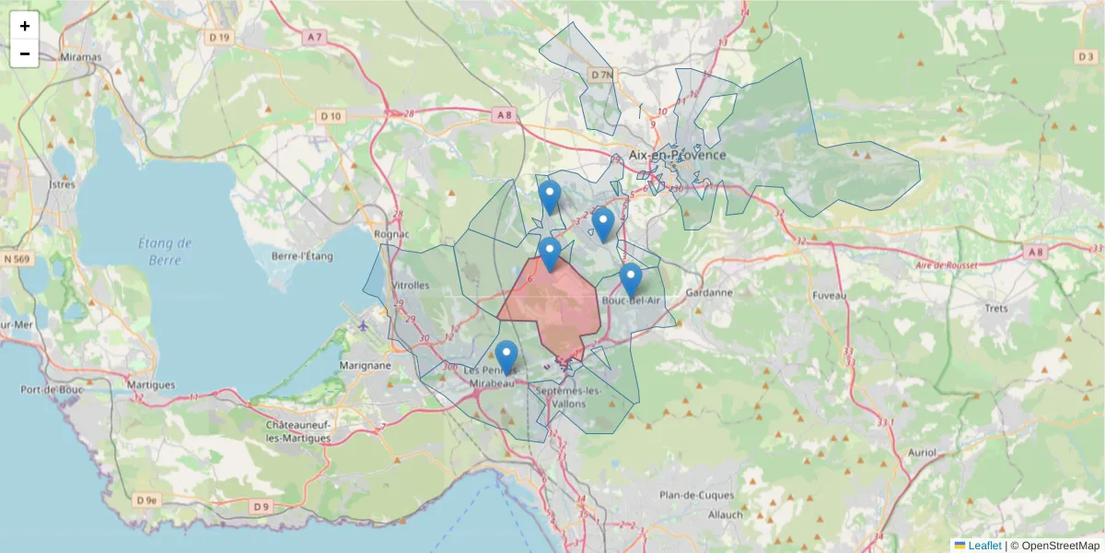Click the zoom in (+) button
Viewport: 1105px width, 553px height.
click(25, 26)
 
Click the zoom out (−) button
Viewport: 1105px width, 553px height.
click(25, 53)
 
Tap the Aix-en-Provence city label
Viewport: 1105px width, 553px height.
click(677, 155)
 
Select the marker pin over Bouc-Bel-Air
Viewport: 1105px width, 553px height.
click(631, 277)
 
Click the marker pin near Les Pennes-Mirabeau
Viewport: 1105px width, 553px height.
click(506, 356)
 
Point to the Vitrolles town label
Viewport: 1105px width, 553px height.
click(411, 286)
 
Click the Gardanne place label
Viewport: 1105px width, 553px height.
click(709, 292)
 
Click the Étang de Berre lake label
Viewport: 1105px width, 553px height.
click(165, 251)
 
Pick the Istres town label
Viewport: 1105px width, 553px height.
click(62, 184)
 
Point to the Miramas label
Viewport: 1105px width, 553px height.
click(80, 56)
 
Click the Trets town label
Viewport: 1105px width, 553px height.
click(996, 309)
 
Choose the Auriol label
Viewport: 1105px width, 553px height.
click(922, 453)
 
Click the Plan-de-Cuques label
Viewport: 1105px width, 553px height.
click(697, 495)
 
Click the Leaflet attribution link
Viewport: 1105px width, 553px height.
click(984, 546)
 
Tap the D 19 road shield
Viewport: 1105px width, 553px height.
click(218, 37)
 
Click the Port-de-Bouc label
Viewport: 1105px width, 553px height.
click(52, 390)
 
